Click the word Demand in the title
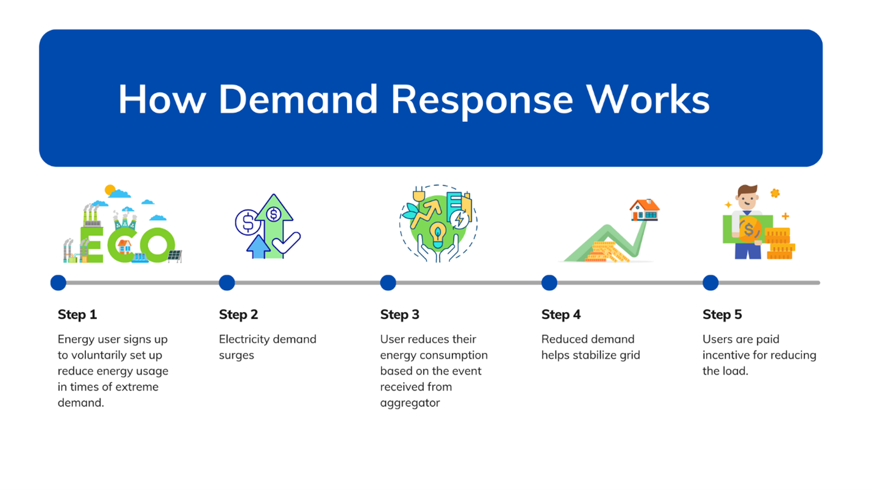coord(298,99)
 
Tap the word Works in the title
coord(648,99)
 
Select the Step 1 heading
coord(77,314)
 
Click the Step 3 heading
coord(400,314)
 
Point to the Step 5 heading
coord(722,314)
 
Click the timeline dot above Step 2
coord(227,283)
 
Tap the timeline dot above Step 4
coord(549,283)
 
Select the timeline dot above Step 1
coord(59,283)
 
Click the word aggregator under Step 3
coord(410,403)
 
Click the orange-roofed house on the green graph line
coord(645,210)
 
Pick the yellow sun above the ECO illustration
coord(110,190)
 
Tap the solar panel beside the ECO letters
coord(174,256)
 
